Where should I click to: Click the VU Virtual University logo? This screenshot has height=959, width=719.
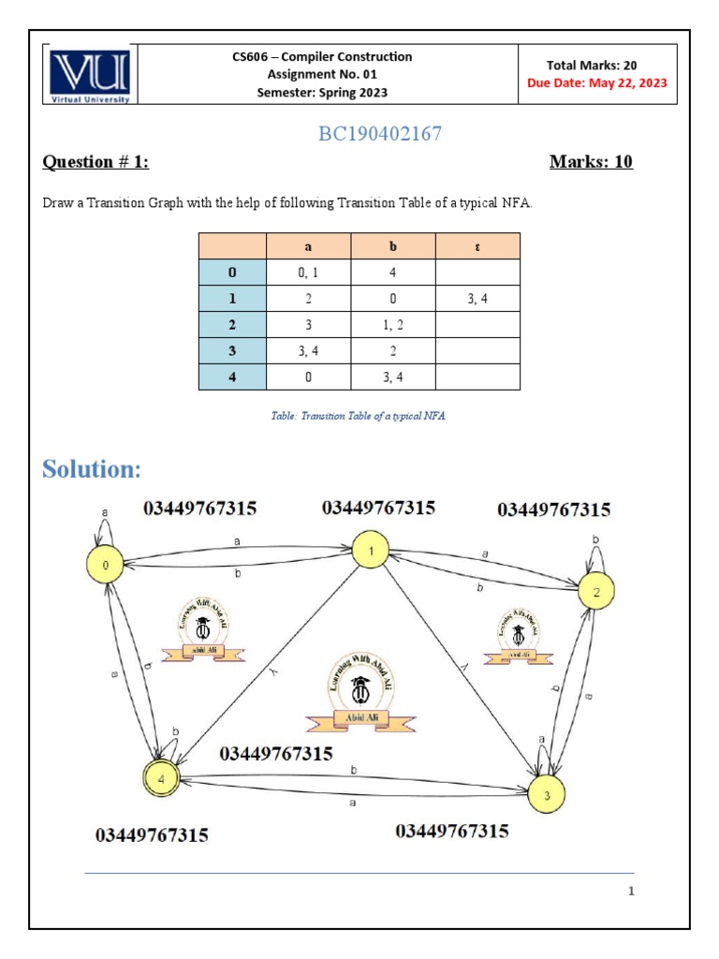point(91,75)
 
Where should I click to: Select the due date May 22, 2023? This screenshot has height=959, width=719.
point(597,82)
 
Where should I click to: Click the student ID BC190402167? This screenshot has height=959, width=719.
point(379,134)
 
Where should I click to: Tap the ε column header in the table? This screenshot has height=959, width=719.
point(477,246)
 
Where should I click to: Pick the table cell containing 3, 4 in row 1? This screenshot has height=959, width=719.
point(477,299)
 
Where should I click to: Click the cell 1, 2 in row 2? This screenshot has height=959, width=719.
point(393,325)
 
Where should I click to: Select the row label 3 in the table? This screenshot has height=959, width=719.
point(232,351)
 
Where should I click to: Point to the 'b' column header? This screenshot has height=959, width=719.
point(393,246)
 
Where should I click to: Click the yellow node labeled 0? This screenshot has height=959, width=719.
point(106,566)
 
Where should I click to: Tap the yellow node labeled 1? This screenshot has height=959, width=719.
point(371,552)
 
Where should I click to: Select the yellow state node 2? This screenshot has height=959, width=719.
point(596,591)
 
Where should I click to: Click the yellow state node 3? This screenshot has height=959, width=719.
point(547,795)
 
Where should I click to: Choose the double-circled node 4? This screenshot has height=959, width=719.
point(161,777)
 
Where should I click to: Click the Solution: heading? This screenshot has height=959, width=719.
point(92,468)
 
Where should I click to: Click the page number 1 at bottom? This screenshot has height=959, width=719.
point(632,891)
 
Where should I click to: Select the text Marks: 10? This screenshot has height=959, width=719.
point(591,162)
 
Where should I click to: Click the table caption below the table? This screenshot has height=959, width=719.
point(359,415)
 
